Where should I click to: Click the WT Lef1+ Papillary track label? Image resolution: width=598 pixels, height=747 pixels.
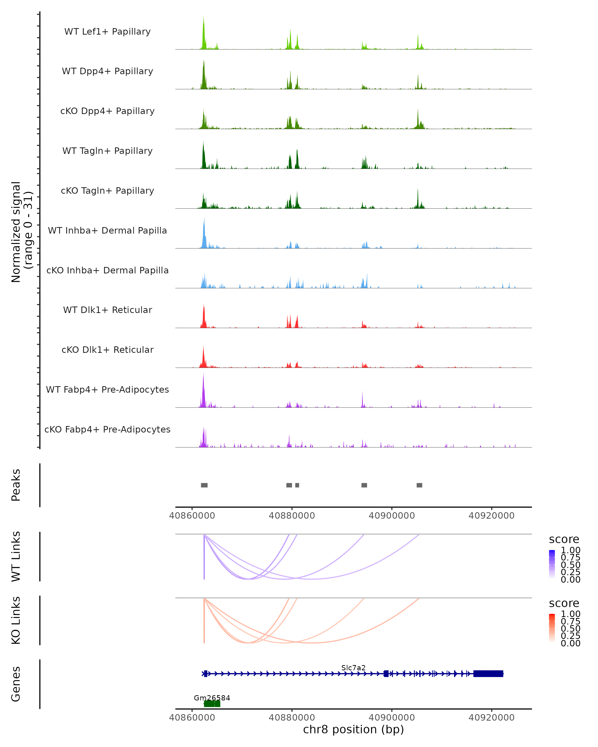click(x=107, y=32)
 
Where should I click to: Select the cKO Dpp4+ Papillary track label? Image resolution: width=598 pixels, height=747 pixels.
click(x=107, y=111)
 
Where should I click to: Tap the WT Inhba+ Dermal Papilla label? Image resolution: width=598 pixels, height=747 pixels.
click(x=107, y=231)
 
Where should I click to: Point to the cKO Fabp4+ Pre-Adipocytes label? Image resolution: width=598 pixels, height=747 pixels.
click(x=107, y=430)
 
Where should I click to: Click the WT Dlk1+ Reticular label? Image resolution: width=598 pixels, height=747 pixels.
click(x=107, y=310)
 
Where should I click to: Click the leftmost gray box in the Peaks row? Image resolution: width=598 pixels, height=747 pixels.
click(x=204, y=485)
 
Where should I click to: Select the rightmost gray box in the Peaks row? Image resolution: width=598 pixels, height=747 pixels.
click(x=419, y=485)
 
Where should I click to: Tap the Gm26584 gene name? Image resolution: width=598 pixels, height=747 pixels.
click(x=212, y=698)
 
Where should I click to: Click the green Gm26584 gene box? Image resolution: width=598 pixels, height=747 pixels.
click(x=212, y=704)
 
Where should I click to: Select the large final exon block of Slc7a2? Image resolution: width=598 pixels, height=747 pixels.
click(x=488, y=674)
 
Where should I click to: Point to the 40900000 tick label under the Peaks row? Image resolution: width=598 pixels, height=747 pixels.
click(x=392, y=516)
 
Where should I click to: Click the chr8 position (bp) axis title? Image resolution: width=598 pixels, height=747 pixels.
click(x=353, y=730)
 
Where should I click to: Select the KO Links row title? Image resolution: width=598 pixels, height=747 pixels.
click(x=16, y=621)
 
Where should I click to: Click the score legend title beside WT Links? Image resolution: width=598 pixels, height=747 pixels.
click(x=564, y=540)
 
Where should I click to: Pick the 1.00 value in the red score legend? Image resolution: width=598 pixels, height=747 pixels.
click(x=571, y=614)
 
